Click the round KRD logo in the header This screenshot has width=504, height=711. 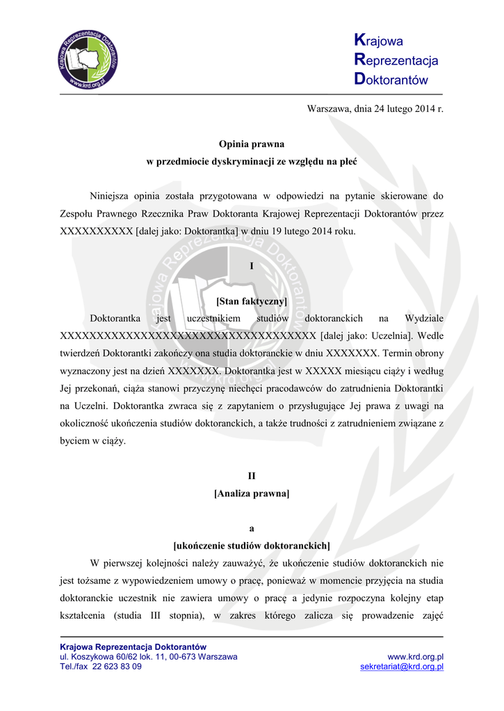click(87, 61)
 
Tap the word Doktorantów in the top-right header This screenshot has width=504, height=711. click(391, 80)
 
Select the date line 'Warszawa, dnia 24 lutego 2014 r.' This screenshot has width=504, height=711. click(375, 109)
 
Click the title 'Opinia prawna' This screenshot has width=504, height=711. click(252, 144)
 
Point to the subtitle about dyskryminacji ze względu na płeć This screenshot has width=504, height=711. click(252, 162)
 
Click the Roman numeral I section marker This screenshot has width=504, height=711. click(252, 266)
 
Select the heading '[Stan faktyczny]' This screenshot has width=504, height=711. click(252, 301)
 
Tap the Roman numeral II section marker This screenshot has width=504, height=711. click(252, 476)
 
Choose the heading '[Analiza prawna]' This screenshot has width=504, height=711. click(252, 494)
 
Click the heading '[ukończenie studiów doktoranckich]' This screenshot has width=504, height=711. click(252, 546)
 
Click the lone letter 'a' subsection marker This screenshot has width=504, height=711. click(252, 528)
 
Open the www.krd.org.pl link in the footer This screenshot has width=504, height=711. click(416, 657)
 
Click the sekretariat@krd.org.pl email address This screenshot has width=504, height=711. click(402, 667)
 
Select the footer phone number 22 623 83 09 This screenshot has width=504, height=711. click(117, 667)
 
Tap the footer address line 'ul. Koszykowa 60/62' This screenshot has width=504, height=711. click(104, 657)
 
